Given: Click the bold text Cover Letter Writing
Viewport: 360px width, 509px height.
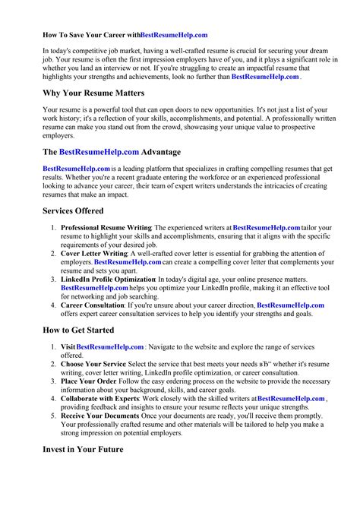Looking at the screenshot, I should (x=93, y=253).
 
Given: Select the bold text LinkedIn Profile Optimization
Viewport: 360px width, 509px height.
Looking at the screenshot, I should (x=108, y=280).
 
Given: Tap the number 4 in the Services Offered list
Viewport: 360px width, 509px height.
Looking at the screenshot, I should (x=52, y=305).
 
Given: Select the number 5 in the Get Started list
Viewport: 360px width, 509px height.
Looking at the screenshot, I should (x=52, y=416).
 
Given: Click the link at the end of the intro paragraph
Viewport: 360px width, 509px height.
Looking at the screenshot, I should (x=265, y=77).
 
